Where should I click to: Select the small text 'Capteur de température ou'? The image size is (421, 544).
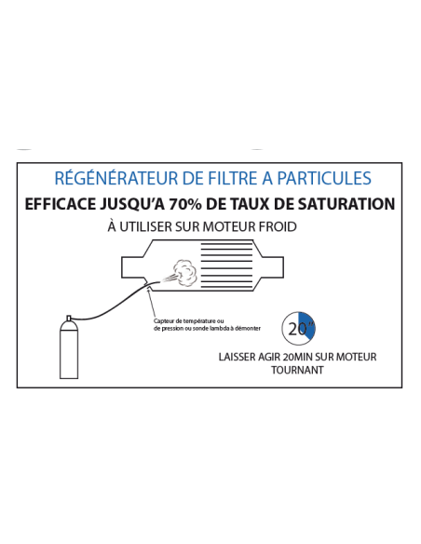pos(190,321)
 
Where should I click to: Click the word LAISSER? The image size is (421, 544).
pos(237,356)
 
